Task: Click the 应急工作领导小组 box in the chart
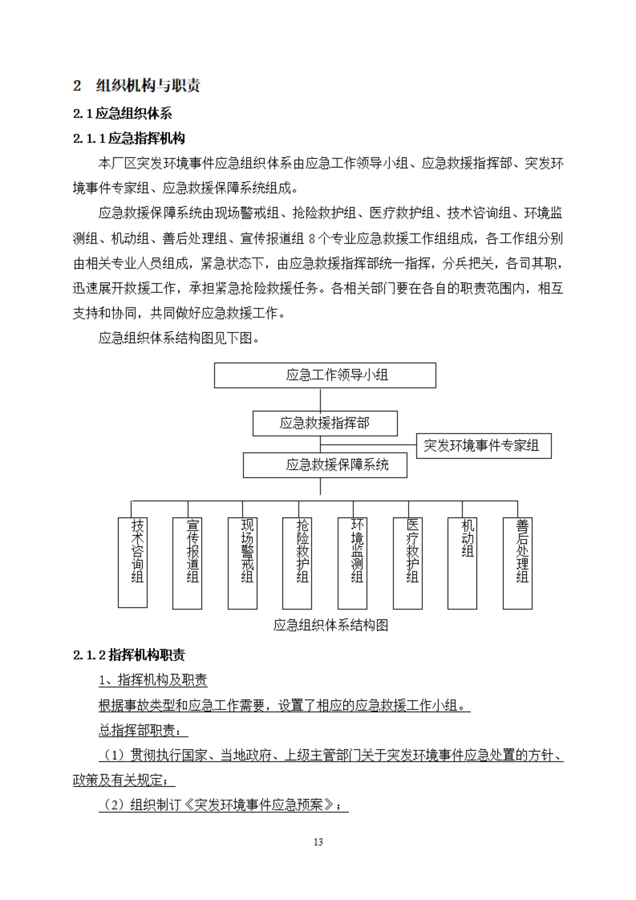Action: click(325, 375)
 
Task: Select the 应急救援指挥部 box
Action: click(325, 423)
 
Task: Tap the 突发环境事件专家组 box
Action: click(484, 446)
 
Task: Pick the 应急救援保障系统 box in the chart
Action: click(325, 465)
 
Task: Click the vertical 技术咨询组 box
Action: click(133, 563)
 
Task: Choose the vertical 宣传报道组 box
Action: click(187, 563)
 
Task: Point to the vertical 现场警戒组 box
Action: click(243, 563)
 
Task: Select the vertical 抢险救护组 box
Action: click(297, 563)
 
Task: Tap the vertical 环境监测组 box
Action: click(352, 563)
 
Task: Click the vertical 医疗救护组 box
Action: click(408, 563)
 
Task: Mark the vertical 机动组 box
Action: click(462, 563)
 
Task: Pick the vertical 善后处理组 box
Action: click(517, 563)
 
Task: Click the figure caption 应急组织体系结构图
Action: click(330, 625)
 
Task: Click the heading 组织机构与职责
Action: click(148, 86)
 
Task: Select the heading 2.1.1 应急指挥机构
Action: click(129, 139)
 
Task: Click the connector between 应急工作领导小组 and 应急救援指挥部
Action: click(321, 399)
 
